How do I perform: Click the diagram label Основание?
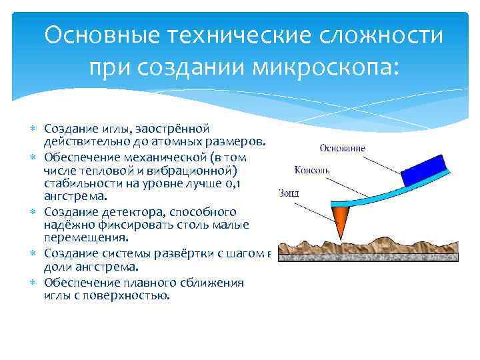[x=341, y=147]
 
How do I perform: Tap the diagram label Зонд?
[x=289, y=193]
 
